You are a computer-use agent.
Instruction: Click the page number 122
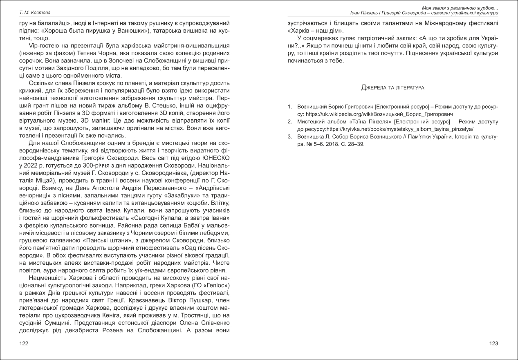pos(24,344)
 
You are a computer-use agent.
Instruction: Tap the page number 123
pos(493,344)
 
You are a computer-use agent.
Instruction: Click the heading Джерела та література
pos(392,87)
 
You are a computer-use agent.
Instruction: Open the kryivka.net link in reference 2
pos(396,129)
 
